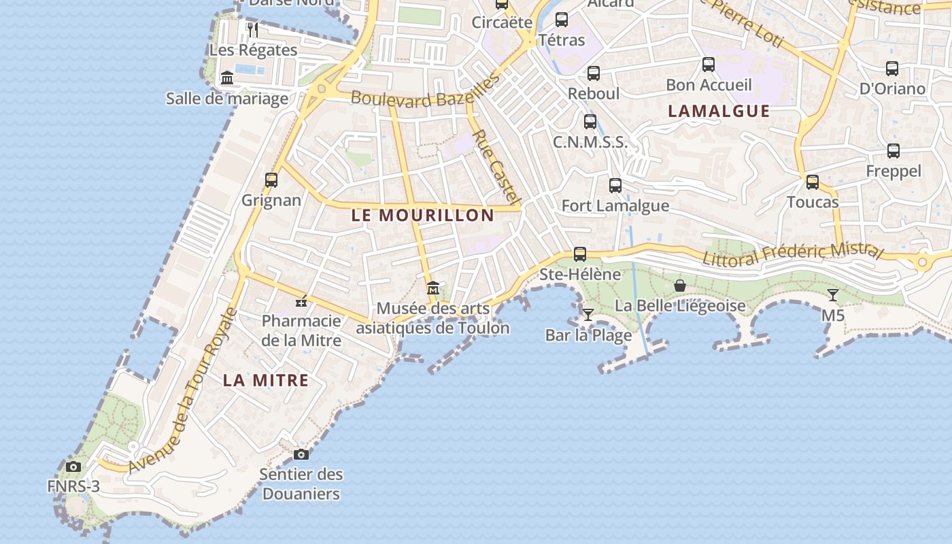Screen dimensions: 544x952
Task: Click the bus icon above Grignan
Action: (x=271, y=180)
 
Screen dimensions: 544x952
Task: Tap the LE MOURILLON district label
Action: (x=422, y=216)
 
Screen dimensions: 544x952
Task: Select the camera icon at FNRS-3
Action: (x=73, y=466)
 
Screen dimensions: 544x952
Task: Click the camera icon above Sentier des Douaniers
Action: (x=301, y=454)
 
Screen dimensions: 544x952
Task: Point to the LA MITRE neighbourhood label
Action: (x=266, y=381)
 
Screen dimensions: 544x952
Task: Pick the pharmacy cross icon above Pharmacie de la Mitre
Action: (x=301, y=301)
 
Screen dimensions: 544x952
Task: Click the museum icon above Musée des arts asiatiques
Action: (x=433, y=289)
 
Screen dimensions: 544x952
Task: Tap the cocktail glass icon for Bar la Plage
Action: (x=588, y=314)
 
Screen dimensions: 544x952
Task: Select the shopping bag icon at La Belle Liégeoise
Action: (x=679, y=286)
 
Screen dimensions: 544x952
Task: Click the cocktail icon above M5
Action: (x=832, y=295)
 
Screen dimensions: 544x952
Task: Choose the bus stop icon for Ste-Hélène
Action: (x=580, y=254)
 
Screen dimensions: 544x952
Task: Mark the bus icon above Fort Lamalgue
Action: (x=615, y=185)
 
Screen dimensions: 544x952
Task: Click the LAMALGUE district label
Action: (x=719, y=112)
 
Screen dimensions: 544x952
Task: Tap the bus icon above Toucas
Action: (x=813, y=182)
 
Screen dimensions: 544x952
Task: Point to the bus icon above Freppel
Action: (x=894, y=151)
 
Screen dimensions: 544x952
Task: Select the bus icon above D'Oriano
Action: (x=892, y=69)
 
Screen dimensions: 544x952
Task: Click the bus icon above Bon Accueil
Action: (x=709, y=65)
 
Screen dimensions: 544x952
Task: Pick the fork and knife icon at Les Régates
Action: (x=253, y=29)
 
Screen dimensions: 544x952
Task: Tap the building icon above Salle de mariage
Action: (x=227, y=78)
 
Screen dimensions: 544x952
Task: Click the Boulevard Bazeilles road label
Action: (x=425, y=93)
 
